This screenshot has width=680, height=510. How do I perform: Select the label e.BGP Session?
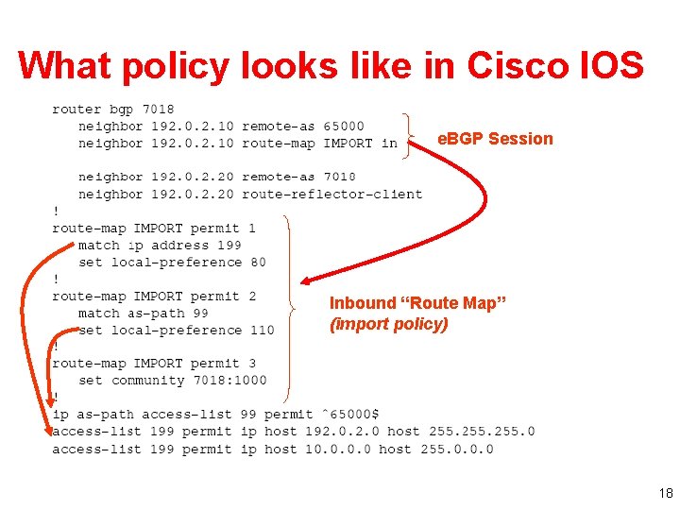tap(495, 139)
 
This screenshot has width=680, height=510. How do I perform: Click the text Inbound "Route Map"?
tap(417, 303)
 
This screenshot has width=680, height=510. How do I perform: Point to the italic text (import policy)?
tap(388, 324)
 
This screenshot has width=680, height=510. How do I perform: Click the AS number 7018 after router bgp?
tap(159, 110)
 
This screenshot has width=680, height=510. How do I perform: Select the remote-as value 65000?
tap(343, 127)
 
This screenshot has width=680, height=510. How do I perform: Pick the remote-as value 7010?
tap(339, 178)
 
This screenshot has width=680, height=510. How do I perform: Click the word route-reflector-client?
tap(331, 195)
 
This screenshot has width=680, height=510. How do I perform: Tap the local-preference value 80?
tap(258, 263)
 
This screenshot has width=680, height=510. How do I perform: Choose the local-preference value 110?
tap(262, 331)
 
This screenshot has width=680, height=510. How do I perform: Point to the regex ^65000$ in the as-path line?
tap(349, 415)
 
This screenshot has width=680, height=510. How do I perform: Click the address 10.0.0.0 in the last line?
tap(337, 450)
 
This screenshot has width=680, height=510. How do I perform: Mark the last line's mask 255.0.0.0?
tap(457, 450)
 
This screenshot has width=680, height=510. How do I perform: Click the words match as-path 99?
tap(143, 314)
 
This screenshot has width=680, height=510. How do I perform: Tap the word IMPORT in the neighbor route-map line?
tap(348, 144)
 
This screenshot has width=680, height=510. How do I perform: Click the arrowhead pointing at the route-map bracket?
tap(308, 280)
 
